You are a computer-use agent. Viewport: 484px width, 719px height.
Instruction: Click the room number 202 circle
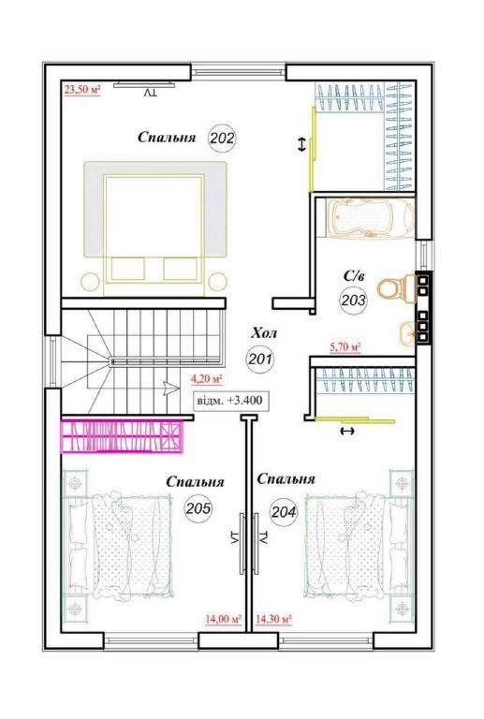point(222,138)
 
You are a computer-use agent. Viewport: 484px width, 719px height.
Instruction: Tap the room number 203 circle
point(353,300)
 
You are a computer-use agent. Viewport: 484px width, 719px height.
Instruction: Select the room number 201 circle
point(260,359)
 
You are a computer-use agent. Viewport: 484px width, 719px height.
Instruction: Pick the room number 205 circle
point(198,508)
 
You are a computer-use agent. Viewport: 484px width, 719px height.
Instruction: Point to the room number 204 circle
point(284,511)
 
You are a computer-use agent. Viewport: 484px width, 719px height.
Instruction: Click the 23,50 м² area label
point(82,90)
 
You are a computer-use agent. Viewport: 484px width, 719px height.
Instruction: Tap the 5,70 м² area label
point(345,347)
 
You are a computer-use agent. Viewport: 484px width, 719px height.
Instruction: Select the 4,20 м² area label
point(207,379)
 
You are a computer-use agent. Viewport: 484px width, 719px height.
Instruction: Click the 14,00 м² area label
point(223,619)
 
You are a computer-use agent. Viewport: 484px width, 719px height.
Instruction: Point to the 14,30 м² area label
point(273,619)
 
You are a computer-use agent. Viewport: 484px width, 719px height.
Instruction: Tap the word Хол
point(264,333)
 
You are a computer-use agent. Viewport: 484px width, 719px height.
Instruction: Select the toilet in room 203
point(396,288)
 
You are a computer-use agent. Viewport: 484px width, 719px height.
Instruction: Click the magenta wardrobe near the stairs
point(123,437)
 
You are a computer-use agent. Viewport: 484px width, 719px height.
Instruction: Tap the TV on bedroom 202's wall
point(144,84)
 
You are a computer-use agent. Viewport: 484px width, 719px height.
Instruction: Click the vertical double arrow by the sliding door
point(301,145)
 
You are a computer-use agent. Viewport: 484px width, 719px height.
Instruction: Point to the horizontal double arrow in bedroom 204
point(348,431)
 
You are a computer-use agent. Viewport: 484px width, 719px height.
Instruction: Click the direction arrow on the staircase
point(171,389)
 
